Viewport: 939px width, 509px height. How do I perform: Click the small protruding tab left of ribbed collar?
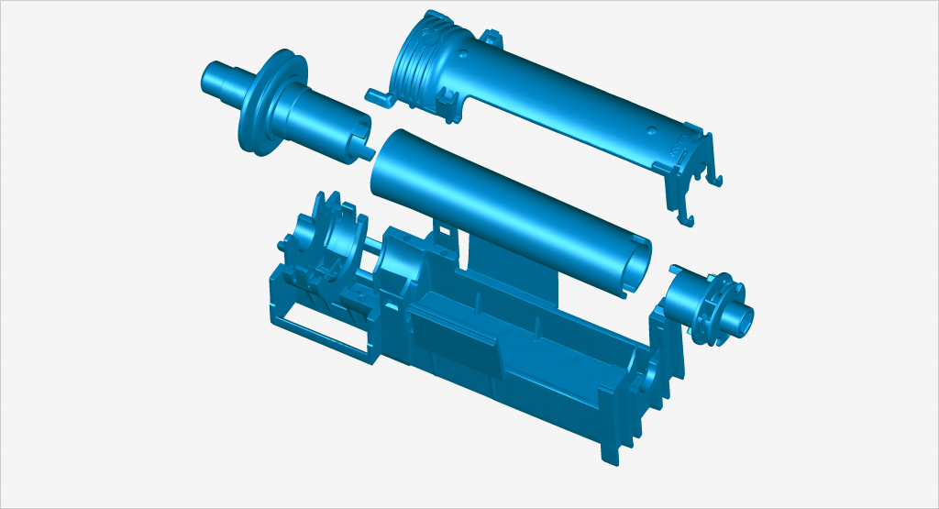click(x=377, y=94)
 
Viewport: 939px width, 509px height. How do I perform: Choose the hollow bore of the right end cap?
click(x=743, y=317)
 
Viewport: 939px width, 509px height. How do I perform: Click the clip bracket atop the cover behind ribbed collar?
click(x=493, y=39)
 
